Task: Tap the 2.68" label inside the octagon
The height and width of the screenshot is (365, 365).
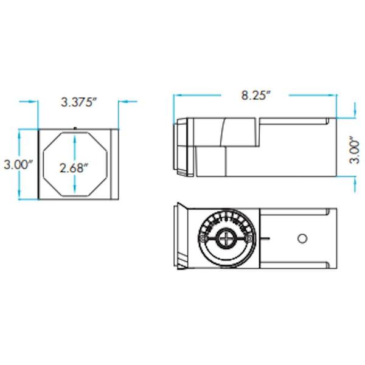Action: tap(74, 167)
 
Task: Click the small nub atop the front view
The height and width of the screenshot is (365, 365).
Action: tap(74, 127)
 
